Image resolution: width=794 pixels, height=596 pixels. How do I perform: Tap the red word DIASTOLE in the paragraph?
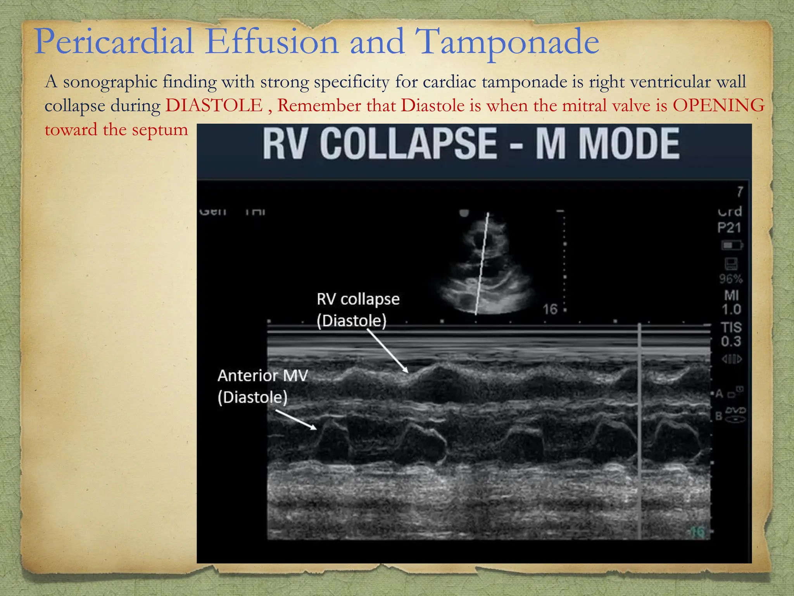click(214, 106)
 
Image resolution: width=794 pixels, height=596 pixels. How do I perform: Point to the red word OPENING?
click(718, 106)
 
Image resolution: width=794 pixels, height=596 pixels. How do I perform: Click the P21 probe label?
click(729, 227)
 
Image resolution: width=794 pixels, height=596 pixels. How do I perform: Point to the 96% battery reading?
click(730, 279)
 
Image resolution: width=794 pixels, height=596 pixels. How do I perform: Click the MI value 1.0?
click(731, 309)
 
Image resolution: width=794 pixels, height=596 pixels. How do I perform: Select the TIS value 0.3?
click(731, 341)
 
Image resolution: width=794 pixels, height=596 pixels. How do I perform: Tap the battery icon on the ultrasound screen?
click(731, 246)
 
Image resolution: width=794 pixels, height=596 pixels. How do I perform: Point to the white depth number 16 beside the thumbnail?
click(550, 309)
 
